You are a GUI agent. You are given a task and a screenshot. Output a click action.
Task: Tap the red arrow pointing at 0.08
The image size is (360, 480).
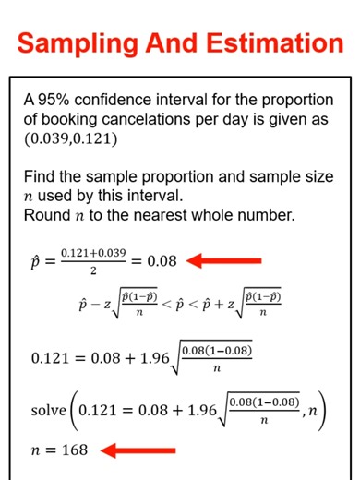pyautogui.click(x=225, y=261)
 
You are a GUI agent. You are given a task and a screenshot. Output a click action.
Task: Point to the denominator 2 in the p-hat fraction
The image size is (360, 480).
pyautogui.click(x=91, y=271)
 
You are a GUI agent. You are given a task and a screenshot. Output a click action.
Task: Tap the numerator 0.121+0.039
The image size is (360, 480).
pyautogui.click(x=92, y=252)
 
